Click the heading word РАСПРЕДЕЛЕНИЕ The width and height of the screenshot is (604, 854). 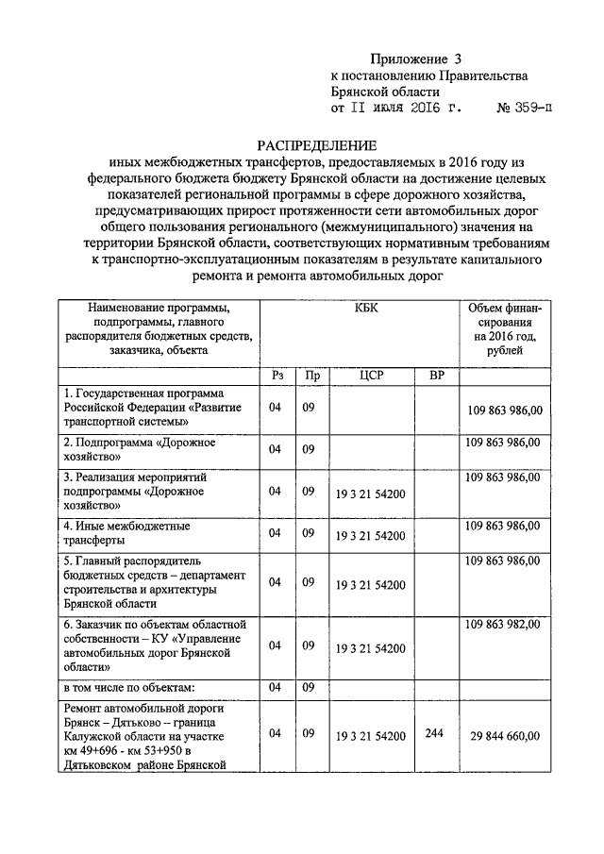click(x=317, y=146)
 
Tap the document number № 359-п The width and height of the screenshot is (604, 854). click(x=525, y=109)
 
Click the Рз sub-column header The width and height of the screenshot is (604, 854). click(x=277, y=375)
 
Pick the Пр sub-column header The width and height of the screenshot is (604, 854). click(x=310, y=375)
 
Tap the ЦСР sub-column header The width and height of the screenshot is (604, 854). click(x=370, y=375)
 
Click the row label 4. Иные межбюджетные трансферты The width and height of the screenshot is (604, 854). click(x=126, y=533)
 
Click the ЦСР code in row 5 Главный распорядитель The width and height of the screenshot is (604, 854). click(x=370, y=586)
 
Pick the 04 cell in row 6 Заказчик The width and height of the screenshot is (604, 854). click(x=276, y=645)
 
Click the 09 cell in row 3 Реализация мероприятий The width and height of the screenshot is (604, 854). click(x=309, y=491)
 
